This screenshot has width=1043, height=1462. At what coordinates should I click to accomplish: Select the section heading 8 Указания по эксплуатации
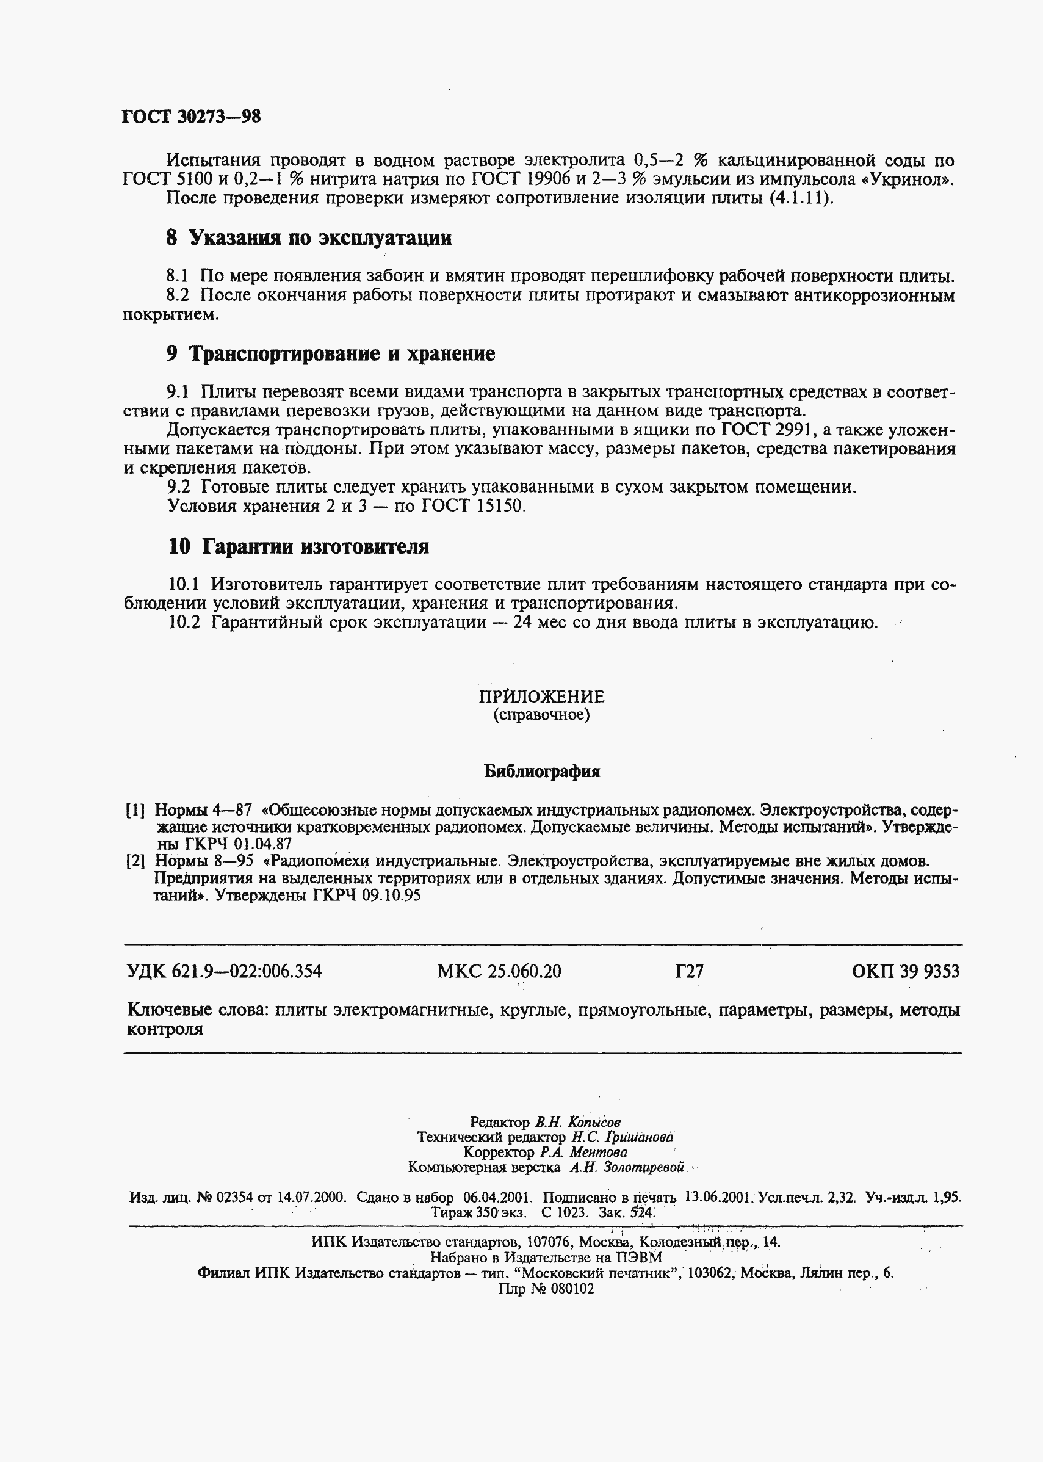click(x=308, y=238)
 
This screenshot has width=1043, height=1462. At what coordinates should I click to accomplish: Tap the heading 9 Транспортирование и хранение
click(x=330, y=354)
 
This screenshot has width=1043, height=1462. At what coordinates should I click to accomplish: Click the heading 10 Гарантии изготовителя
click(x=298, y=546)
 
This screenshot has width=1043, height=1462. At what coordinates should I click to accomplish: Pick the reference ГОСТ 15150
click(x=474, y=506)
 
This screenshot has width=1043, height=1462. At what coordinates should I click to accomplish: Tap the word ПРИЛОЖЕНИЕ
click(x=541, y=697)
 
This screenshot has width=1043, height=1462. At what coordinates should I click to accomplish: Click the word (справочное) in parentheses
click(x=541, y=715)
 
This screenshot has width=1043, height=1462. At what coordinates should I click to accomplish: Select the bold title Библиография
click(x=541, y=772)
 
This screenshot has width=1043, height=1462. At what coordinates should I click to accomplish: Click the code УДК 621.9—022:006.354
click(x=225, y=971)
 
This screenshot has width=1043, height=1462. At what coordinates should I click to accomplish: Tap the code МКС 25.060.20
click(x=499, y=971)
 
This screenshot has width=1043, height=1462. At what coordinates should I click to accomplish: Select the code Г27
click(x=689, y=971)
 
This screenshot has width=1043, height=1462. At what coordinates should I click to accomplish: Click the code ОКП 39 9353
click(x=906, y=971)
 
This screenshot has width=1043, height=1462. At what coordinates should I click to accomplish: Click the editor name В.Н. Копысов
click(x=577, y=1122)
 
